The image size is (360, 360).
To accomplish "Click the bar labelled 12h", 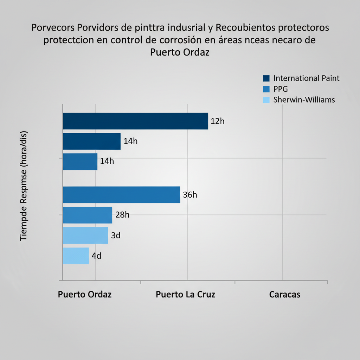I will coord(135,121).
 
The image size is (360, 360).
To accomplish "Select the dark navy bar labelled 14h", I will coord(91,141).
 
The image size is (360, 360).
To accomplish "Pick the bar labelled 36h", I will coord(121,195).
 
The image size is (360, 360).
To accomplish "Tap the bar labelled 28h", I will coord(87,215).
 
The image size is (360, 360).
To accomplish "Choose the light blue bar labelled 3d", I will coord(85,236).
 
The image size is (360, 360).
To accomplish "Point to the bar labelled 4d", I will coord(76,256).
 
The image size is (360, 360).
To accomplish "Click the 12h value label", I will coord(217,122).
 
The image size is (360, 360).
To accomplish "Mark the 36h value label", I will coord(190,195).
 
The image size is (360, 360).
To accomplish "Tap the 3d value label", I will coord(116,236).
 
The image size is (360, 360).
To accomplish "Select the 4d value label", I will coord(96,256).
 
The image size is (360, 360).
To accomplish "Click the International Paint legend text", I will coord(306,78).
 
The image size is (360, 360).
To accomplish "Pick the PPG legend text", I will coord(281,89).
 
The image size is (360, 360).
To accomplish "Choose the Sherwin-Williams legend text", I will coord(304,100).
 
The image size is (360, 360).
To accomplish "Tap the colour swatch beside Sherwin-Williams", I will coord(266,100).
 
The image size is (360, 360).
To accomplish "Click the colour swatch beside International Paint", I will coord(266,78).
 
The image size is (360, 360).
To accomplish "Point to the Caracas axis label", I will coord(285,295).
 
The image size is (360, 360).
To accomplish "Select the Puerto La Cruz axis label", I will coord(185,295).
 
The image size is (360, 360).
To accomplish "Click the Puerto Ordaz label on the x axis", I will coord(85,295).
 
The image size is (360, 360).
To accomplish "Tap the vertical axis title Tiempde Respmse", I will coord(24,186).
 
